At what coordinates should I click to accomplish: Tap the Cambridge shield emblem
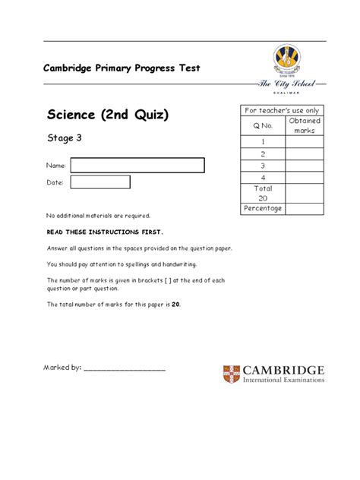tap(232, 374)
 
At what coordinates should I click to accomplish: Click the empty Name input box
tap(137, 166)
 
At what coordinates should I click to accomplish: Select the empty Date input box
tap(99, 182)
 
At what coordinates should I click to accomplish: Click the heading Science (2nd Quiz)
tap(107, 116)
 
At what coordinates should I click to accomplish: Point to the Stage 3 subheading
tap(65, 140)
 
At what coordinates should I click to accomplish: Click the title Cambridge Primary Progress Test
tap(121, 68)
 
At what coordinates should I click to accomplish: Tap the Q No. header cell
tap(263, 125)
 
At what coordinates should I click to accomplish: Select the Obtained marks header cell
tap(305, 125)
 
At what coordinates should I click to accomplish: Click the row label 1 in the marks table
tap(263, 141)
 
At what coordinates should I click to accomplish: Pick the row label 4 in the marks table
tap(263, 178)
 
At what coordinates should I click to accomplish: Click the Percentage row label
tap(263, 208)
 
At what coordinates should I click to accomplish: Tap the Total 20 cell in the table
tap(263, 193)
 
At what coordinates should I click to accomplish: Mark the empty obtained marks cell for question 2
tap(305, 153)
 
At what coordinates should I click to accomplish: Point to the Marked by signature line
tap(125, 369)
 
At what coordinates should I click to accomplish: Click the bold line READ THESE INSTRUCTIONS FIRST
tap(105, 232)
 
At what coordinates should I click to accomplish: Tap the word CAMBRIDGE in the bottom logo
tap(284, 370)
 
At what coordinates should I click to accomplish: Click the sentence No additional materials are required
tap(99, 216)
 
